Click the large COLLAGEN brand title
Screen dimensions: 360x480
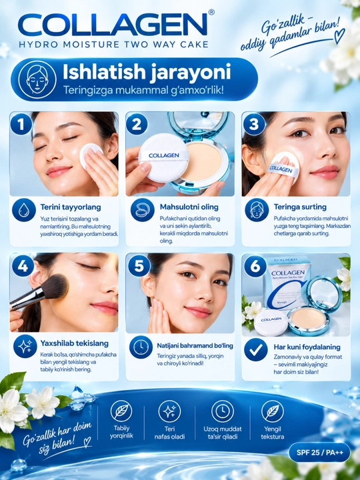coord(113,25)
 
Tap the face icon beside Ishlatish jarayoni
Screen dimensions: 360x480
coord(37,79)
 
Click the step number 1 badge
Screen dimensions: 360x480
coord(21,124)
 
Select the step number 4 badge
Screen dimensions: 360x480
coord(23,266)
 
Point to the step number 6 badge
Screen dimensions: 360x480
coord(255,266)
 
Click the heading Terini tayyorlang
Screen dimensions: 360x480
coord(71,207)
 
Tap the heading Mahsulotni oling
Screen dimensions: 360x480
coord(189,207)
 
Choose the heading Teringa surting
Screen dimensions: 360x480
coord(300,207)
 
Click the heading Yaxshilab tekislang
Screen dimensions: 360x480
coord(75,343)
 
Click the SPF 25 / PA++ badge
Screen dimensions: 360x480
coord(319,453)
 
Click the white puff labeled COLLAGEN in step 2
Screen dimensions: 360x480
coord(163,157)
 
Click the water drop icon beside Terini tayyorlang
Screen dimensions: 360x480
coord(24,210)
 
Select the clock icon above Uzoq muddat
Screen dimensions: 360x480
coord(223,411)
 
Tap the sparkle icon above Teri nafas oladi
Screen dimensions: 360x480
coord(169,411)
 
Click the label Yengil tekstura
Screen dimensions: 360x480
coord(273,433)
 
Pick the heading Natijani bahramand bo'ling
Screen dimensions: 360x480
coord(195,345)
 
